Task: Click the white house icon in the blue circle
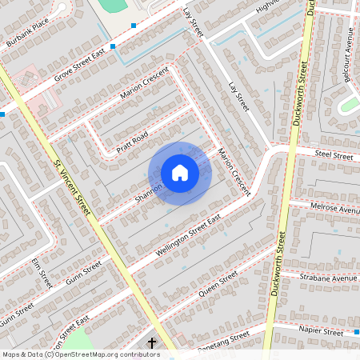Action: tap(180, 172)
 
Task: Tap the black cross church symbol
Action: tap(152, 343)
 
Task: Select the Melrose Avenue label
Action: tap(335, 208)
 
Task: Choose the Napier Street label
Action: tap(320, 330)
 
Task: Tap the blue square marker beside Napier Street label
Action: tap(350, 331)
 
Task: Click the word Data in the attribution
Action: tap(31, 354)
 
